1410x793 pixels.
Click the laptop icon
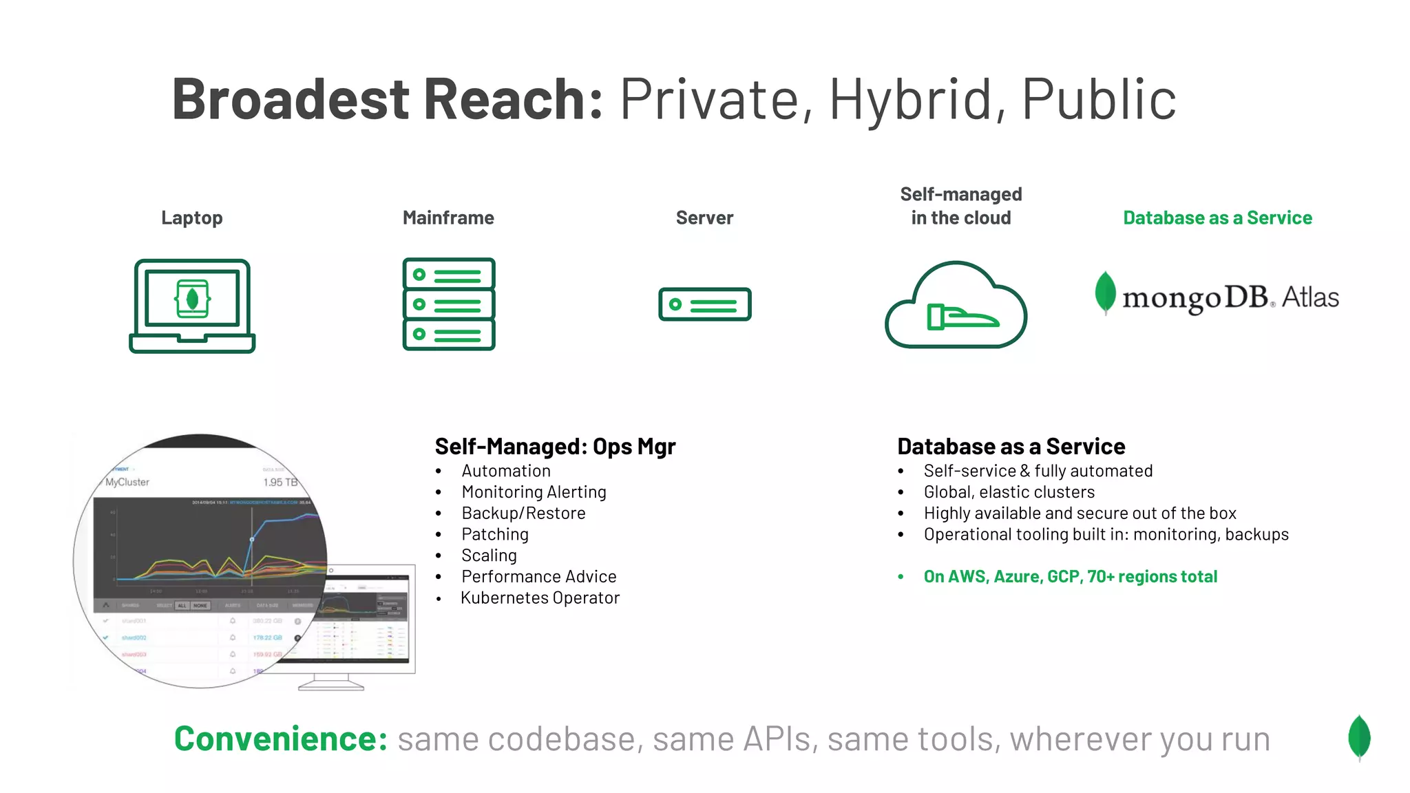(x=192, y=306)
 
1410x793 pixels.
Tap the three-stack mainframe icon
(x=449, y=304)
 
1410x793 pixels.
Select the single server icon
(x=704, y=304)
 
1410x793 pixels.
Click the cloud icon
(x=956, y=306)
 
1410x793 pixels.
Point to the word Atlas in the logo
(x=1310, y=297)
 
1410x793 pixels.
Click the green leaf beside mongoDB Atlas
(x=1105, y=293)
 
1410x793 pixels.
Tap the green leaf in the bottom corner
(x=1359, y=737)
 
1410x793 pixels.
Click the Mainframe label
(x=448, y=218)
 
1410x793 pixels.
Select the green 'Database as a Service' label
(x=1217, y=218)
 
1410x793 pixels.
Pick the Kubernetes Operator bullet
(x=540, y=598)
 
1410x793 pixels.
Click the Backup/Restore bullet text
(x=523, y=514)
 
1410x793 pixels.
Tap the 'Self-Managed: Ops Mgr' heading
(x=555, y=447)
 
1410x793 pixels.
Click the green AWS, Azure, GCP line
(x=1070, y=577)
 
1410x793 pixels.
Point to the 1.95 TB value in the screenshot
(x=280, y=483)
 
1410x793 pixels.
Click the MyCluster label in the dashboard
(x=127, y=483)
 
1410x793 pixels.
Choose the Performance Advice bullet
(x=538, y=577)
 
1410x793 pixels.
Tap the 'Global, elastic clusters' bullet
(x=1009, y=492)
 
